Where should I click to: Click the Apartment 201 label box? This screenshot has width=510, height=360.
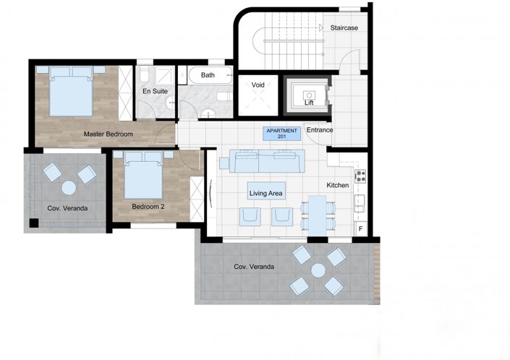[x=281, y=134]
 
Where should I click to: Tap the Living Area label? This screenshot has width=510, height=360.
[x=266, y=193]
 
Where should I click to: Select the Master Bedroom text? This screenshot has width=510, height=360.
[x=108, y=134]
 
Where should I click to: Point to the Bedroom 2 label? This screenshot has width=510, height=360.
[x=148, y=206]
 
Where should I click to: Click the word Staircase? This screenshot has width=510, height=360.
[x=344, y=28]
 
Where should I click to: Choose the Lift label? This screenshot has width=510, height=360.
[x=309, y=103]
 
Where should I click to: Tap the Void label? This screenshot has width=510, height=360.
[x=258, y=85]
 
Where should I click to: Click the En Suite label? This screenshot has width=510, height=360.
[x=155, y=91]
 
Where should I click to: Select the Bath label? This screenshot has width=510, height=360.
[x=208, y=75]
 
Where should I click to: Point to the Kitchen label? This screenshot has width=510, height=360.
[x=338, y=185]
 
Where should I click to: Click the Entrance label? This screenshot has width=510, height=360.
[x=320, y=130]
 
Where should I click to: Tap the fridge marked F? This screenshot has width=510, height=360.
[x=361, y=228]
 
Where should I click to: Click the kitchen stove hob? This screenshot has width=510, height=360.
[x=360, y=176]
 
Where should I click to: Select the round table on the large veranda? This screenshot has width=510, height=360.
[x=318, y=270]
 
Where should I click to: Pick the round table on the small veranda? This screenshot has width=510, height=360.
[x=69, y=188]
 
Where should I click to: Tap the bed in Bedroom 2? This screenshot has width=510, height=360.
[x=143, y=175]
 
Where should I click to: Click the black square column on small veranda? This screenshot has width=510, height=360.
[x=34, y=223]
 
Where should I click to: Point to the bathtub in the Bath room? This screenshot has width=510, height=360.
[x=210, y=75]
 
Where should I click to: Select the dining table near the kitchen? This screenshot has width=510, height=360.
[x=318, y=215]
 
